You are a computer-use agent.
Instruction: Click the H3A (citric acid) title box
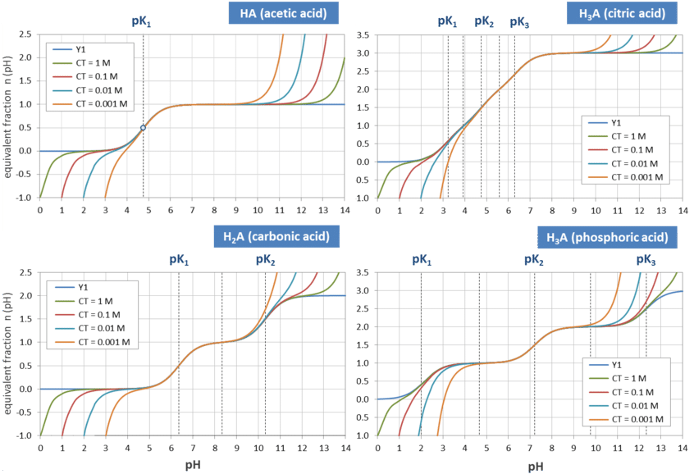coord(622,14)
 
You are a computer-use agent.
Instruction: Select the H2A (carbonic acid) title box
coord(276,237)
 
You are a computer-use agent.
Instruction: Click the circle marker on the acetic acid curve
coord(144,128)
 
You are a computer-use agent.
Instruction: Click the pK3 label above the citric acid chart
coord(518,22)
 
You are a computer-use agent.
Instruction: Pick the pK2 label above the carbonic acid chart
coord(264,258)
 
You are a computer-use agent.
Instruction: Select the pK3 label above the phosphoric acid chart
coord(646,260)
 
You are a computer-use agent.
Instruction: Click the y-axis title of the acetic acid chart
coord(9,115)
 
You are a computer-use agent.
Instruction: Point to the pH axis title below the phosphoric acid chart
coord(535,467)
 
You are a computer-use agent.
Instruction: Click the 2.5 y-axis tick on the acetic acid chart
coord(25,34)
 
